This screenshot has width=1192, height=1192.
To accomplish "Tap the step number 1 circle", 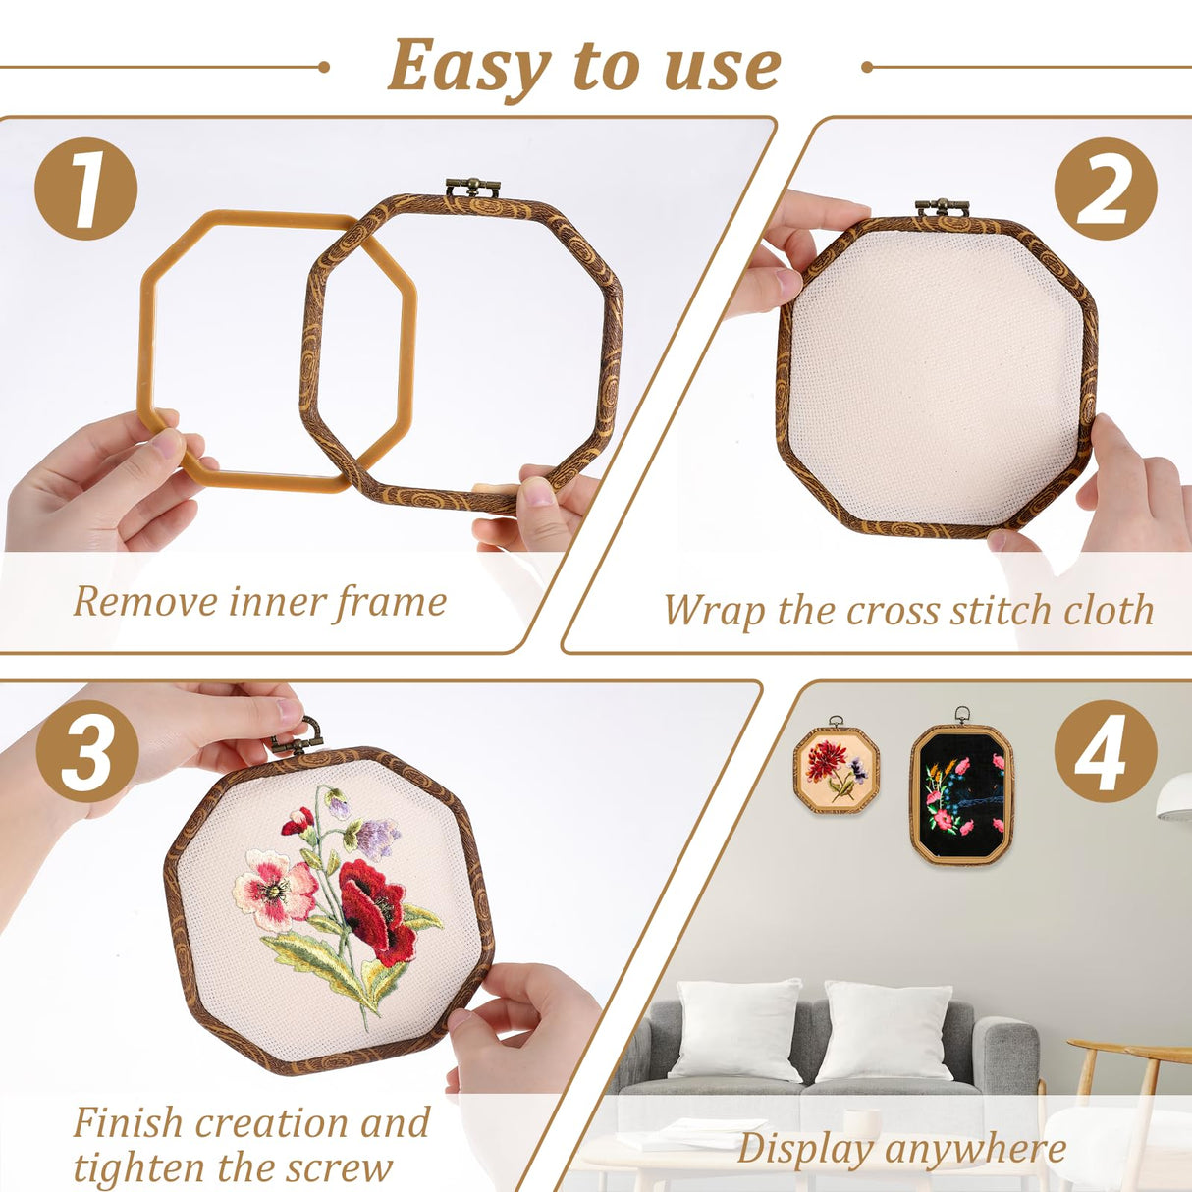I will pyautogui.click(x=85, y=189).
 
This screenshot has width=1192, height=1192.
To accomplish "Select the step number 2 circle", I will pyautogui.click(x=1105, y=189).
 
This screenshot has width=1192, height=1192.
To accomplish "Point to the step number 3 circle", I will pyautogui.click(x=87, y=751).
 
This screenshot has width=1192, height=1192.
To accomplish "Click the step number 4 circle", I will pyautogui.click(x=1105, y=751).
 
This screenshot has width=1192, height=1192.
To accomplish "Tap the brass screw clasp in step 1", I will pyautogui.click(x=472, y=187).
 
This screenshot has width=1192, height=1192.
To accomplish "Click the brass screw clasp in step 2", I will pyautogui.click(x=942, y=207).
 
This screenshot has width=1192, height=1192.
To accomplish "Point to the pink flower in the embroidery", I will pyautogui.click(x=273, y=890).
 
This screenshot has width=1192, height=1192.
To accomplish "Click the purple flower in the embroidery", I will pyautogui.click(x=377, y=838).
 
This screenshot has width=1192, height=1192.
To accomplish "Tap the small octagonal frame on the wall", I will pyautogui.click(x=836, y=770).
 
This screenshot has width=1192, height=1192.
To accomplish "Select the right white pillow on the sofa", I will pyautogui.click(x=885, y=1031).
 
